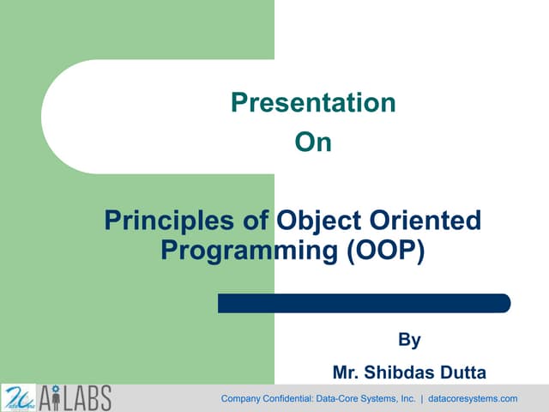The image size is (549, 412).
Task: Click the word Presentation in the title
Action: click(x=313, y=104)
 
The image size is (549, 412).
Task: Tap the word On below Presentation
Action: click(x=313, y=142)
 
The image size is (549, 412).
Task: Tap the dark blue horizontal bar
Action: click(x=364, y=303)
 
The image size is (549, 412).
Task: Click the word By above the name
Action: click(x=410, y=341)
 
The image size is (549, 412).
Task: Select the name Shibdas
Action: click(x=405, y=373)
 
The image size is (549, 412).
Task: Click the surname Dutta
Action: click(x=463, y=373)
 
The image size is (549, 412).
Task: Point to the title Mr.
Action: click(x=346, y=373)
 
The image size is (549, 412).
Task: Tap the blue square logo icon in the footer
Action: click(x=18, y=398)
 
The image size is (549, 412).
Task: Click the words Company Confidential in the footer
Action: click(x=266, y=399)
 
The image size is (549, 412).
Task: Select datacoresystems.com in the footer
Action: click(x=473, y=399)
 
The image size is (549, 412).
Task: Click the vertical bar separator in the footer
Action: click(x=422, y=399)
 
